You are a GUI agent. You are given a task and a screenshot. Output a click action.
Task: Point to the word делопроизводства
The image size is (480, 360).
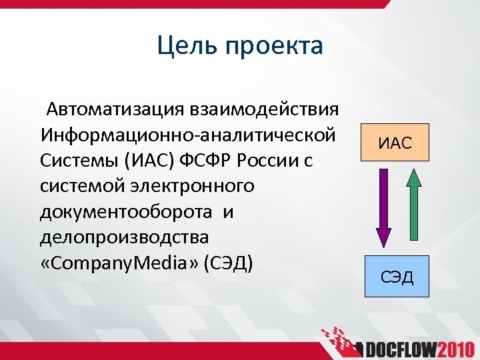[124, 237]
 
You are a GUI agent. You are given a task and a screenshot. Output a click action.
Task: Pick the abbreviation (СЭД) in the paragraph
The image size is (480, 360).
[230, 263]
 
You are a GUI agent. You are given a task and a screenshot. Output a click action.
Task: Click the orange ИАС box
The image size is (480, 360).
[396, 143]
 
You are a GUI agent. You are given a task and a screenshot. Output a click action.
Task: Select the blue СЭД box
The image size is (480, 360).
[396, 275]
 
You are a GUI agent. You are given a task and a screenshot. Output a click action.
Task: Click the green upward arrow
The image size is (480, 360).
[414, 203]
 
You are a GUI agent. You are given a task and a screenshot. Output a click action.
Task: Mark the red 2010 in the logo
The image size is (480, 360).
[455, 349]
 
